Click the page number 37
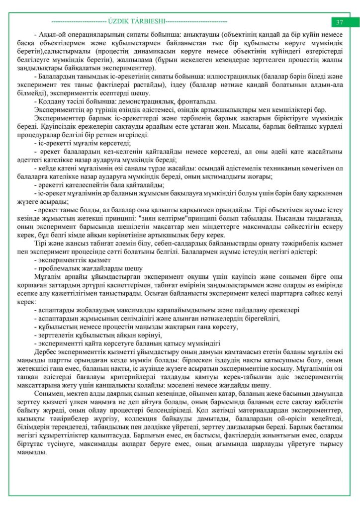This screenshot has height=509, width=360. point(340,22)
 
